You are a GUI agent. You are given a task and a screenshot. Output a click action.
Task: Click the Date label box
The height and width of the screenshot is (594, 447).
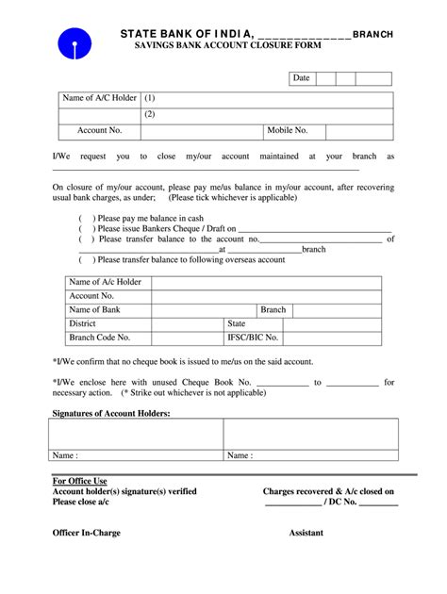point(301,77)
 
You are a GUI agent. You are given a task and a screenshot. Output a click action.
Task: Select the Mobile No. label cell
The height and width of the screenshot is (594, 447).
point(287,131)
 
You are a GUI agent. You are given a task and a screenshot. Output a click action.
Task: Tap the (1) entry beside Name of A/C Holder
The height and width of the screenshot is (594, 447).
point(150,98)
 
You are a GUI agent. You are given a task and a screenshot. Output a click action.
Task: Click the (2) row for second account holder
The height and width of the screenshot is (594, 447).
point(150,114)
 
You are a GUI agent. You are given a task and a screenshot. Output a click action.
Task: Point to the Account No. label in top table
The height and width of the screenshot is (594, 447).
point(99,131)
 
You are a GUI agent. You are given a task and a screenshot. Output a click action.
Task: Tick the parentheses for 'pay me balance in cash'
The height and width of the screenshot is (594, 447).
point(84,218)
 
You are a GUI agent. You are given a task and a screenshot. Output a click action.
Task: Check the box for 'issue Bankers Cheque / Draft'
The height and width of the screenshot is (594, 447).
point(84,228)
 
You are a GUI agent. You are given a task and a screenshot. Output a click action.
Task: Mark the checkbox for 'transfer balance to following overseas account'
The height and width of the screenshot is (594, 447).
point(84,259)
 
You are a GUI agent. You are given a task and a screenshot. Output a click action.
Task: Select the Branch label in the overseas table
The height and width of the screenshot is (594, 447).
point(273,309)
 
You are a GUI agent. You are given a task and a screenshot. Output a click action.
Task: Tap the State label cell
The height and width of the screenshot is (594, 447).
point(236,323)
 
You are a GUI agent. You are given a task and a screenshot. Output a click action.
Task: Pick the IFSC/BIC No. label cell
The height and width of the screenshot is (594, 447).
point(253,337)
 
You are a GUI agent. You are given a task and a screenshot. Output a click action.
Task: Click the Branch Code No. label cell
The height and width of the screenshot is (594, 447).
point(99,337)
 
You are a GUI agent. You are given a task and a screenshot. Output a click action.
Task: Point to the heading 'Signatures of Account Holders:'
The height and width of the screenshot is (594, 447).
point(111,413)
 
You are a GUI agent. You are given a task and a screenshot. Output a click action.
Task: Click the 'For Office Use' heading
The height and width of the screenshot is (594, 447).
point(79,481)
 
